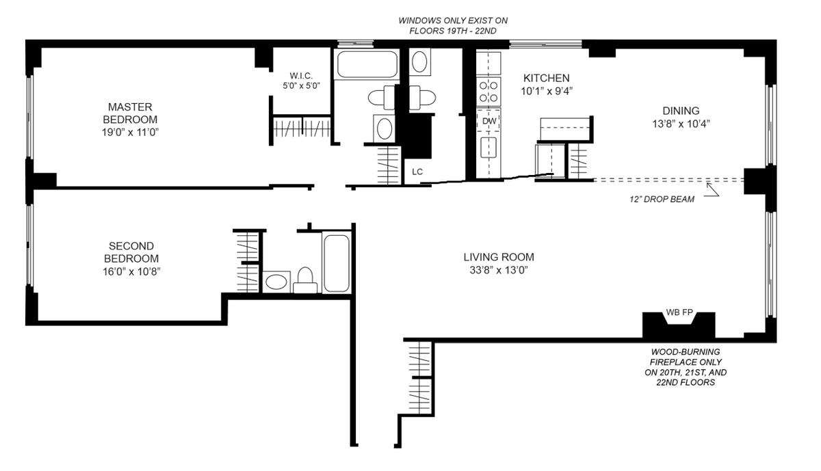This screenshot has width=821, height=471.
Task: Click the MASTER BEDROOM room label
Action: click(130, 113)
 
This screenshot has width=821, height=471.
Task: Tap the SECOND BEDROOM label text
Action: click(131, 252)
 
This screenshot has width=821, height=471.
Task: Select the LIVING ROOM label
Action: click(499, 257)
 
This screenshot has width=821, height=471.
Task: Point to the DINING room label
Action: click(681, 111)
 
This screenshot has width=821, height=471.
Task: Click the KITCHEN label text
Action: click(546, 78)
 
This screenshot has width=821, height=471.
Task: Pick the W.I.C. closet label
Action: click(301, 76)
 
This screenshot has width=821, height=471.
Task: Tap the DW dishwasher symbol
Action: click(489, 121)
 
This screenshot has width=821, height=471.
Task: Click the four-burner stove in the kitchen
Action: click(488, 92)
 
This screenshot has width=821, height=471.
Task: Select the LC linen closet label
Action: click(417, 172)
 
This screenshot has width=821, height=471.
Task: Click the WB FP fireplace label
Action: click(679, 312)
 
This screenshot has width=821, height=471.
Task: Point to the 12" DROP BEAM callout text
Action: click(662, 199)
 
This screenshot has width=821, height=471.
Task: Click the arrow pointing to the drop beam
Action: click(713, 189)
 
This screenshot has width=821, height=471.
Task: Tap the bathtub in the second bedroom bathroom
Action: click(337, 263)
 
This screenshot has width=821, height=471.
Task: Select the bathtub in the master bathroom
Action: click(367, 64)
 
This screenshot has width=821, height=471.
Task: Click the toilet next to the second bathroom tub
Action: click(305, 280)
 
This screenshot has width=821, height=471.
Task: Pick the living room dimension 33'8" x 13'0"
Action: click(499, 270)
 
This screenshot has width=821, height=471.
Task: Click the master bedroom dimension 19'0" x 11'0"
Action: click(130, 132)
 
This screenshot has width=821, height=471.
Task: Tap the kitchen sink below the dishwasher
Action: click(488, 147)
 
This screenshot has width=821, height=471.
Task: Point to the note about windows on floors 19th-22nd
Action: click(453, 26)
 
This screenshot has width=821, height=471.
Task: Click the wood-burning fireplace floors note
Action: click(686, 367)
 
